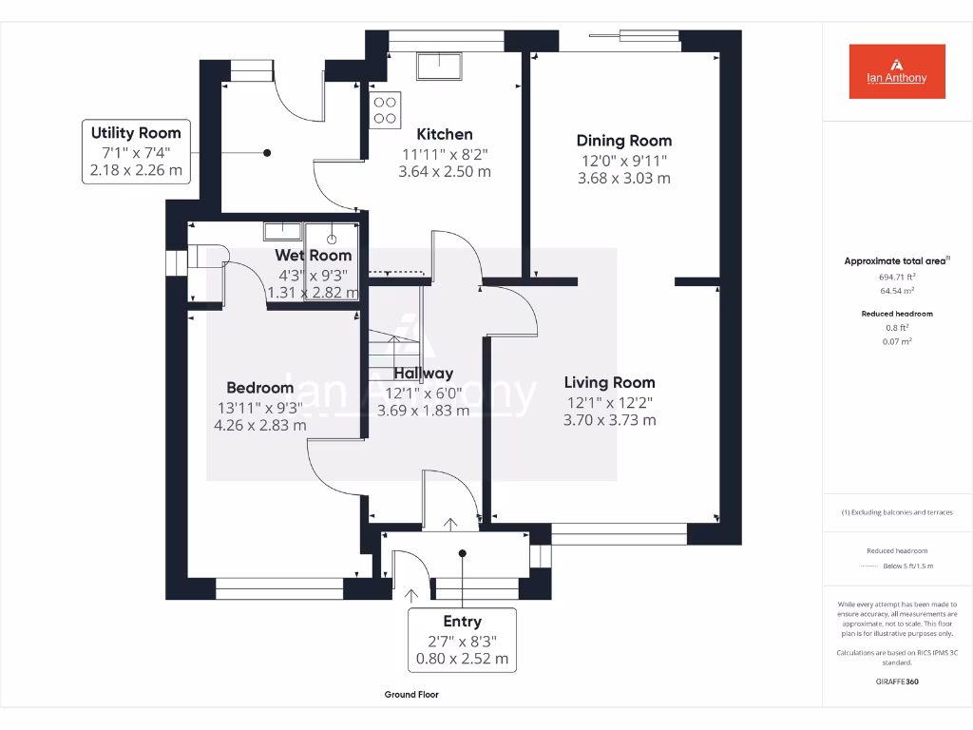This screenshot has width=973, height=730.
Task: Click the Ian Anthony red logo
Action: coord(896,71)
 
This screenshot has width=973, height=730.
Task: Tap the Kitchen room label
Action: coord(445,134)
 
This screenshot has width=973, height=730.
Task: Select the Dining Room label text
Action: coord(624,141)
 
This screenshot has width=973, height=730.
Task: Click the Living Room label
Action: coord(609,382)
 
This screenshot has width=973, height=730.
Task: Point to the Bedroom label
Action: coord(259,388)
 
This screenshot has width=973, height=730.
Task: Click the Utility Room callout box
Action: coord(136,151)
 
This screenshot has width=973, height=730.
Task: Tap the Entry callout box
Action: coord(463,640)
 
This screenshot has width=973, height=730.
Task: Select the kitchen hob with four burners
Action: coord(386,109)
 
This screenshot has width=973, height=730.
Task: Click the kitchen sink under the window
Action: coord(439,66)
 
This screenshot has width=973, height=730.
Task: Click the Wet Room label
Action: coord(314,255)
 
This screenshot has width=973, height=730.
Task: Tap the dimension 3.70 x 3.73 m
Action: coord(609,419)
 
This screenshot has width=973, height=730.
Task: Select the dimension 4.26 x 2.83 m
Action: coord(259,425)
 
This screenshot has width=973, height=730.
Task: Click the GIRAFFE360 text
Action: coord(897,682)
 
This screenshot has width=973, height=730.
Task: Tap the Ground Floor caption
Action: coord(411,695)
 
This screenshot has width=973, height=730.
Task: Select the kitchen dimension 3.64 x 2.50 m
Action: coord(445,172)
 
